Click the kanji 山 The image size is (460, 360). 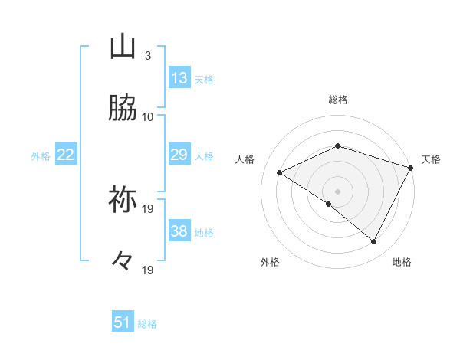click(x=123, y=47)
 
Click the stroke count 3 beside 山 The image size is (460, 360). click(x=147, y=55)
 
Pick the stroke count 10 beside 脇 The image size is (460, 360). click(x=148, y=116)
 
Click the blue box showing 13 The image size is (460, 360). click(x=179, y=78)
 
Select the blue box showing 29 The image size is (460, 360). click(x=179, y=155)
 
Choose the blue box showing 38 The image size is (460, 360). click(x=179, y=231)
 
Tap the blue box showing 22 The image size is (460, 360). click(x=66, y=155)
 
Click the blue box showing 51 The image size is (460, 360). click(x=123, y=322)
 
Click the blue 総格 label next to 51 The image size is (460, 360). click(x=147, y=324)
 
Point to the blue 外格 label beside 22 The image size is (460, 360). click(x=41, y=156)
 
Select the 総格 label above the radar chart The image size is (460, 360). click(x=338, y=100)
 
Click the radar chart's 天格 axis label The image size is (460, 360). click(x=432, y=159)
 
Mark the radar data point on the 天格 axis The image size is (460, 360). click(x=411, y=168)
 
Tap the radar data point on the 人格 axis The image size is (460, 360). click(x=280, y=173)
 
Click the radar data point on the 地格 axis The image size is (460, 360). click(x=374, y=242)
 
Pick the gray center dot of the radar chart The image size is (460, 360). click(x=338, y=191)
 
